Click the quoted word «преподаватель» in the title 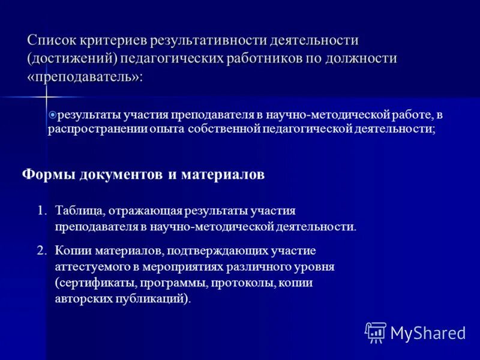point(84,77)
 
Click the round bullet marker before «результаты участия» point(52,114)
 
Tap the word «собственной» point(217,129)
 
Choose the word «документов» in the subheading point(116,174)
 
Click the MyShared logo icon point(375,332)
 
